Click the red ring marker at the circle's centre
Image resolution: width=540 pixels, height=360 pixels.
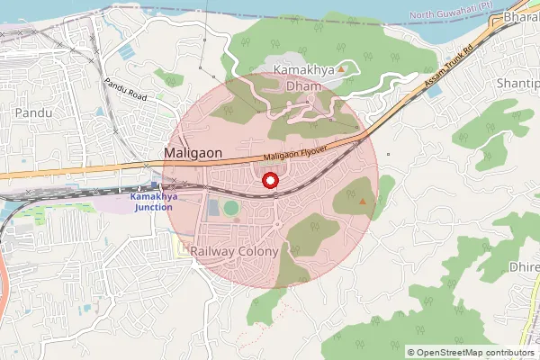point(268,181)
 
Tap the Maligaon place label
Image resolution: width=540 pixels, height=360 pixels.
point(193,155)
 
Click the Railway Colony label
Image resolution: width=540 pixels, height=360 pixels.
point(235,252)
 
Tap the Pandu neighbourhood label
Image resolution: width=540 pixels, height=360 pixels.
point(33,112)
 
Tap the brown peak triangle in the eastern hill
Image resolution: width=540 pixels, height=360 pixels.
point(363,202)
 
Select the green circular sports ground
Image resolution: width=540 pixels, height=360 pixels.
point(231,208)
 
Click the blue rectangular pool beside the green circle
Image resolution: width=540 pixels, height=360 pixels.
point(212,209)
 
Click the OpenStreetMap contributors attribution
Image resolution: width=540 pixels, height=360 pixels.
point(471,353)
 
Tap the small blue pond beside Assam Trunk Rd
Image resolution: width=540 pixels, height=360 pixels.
point(436,91)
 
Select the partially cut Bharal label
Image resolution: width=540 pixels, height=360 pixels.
point(521,17)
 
